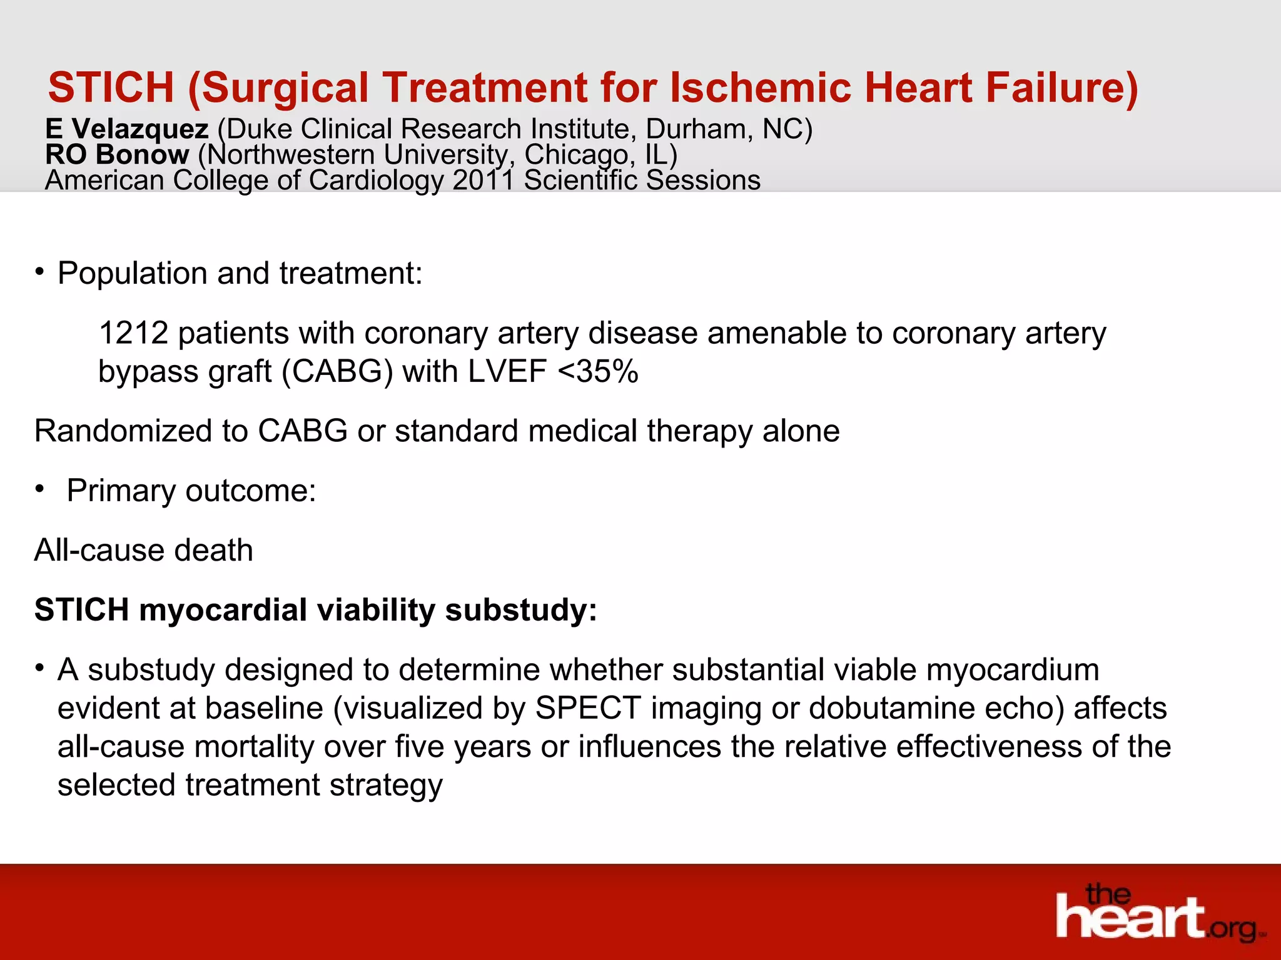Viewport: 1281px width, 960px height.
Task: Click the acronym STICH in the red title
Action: pos(111,87)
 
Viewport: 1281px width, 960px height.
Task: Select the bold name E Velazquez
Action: pos(126,129)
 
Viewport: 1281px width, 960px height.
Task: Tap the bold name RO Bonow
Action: pos(117,154)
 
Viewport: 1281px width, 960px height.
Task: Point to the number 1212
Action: pos(133,332)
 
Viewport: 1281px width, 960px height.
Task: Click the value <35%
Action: pos(597,371)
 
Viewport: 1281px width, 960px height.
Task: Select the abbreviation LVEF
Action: pos(507,371)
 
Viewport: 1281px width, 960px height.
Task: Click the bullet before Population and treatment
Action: pos(39,272)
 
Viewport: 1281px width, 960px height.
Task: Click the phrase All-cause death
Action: pos(143,550)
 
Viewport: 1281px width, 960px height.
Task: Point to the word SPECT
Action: pos(588,708)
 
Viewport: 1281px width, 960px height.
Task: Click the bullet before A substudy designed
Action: pos(39,668)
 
